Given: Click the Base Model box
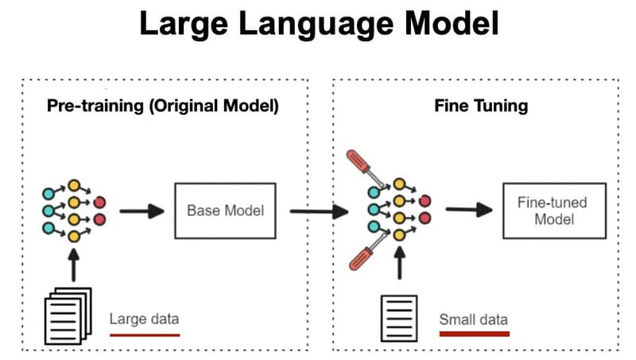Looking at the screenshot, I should (225, 211).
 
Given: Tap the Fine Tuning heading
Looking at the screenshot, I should (481, 106).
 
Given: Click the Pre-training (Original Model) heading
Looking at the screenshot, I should (163, 106).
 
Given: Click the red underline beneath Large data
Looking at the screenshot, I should (145, 335).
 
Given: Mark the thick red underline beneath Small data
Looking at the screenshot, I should (475, 335).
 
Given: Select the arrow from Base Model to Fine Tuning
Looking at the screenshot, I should (319, 211).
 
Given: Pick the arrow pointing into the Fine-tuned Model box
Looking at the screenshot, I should (469, 211).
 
